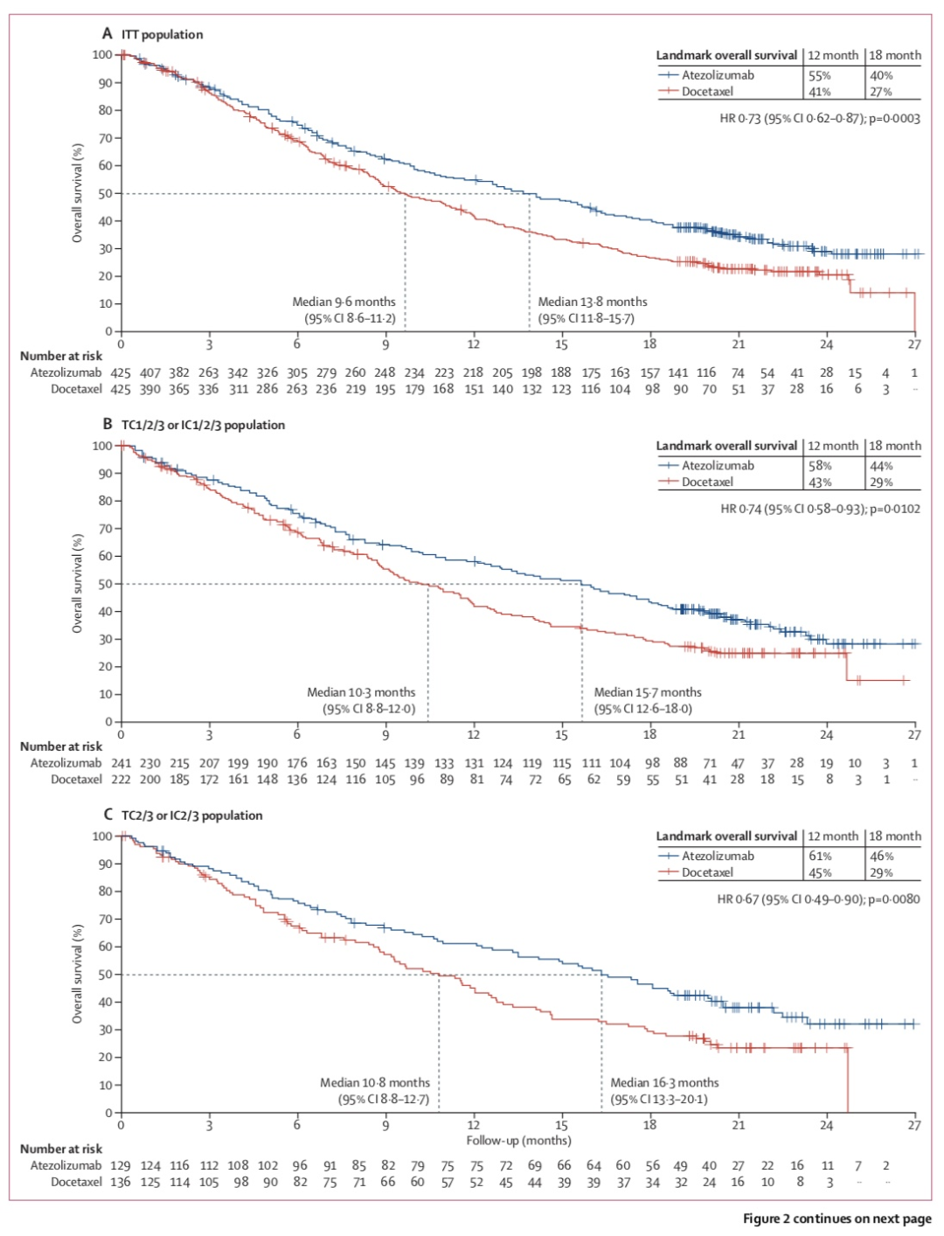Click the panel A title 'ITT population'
tap(162, 34)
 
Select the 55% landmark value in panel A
tap(819, 75)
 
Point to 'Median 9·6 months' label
tap(344, 302)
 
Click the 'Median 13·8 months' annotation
tap(593, 302)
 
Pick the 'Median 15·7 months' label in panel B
tap(648, 692)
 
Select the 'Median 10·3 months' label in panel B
tap(361, 692)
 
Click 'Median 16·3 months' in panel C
tap(664, 1082)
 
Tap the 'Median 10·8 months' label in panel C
tap(375, 1082)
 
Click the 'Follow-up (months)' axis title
tap(518, 1140)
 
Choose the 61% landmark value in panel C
tap(819, 856)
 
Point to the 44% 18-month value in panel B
tap(881, 466)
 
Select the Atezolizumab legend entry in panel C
tap(718, 856)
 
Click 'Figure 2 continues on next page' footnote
tap(836, 1219)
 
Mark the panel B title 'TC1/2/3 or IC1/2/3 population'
tap(203, 425)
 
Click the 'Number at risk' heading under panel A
tap(61, 356)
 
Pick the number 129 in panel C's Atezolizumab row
tap(121, 1165)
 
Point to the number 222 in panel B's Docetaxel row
tap(121, 780)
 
